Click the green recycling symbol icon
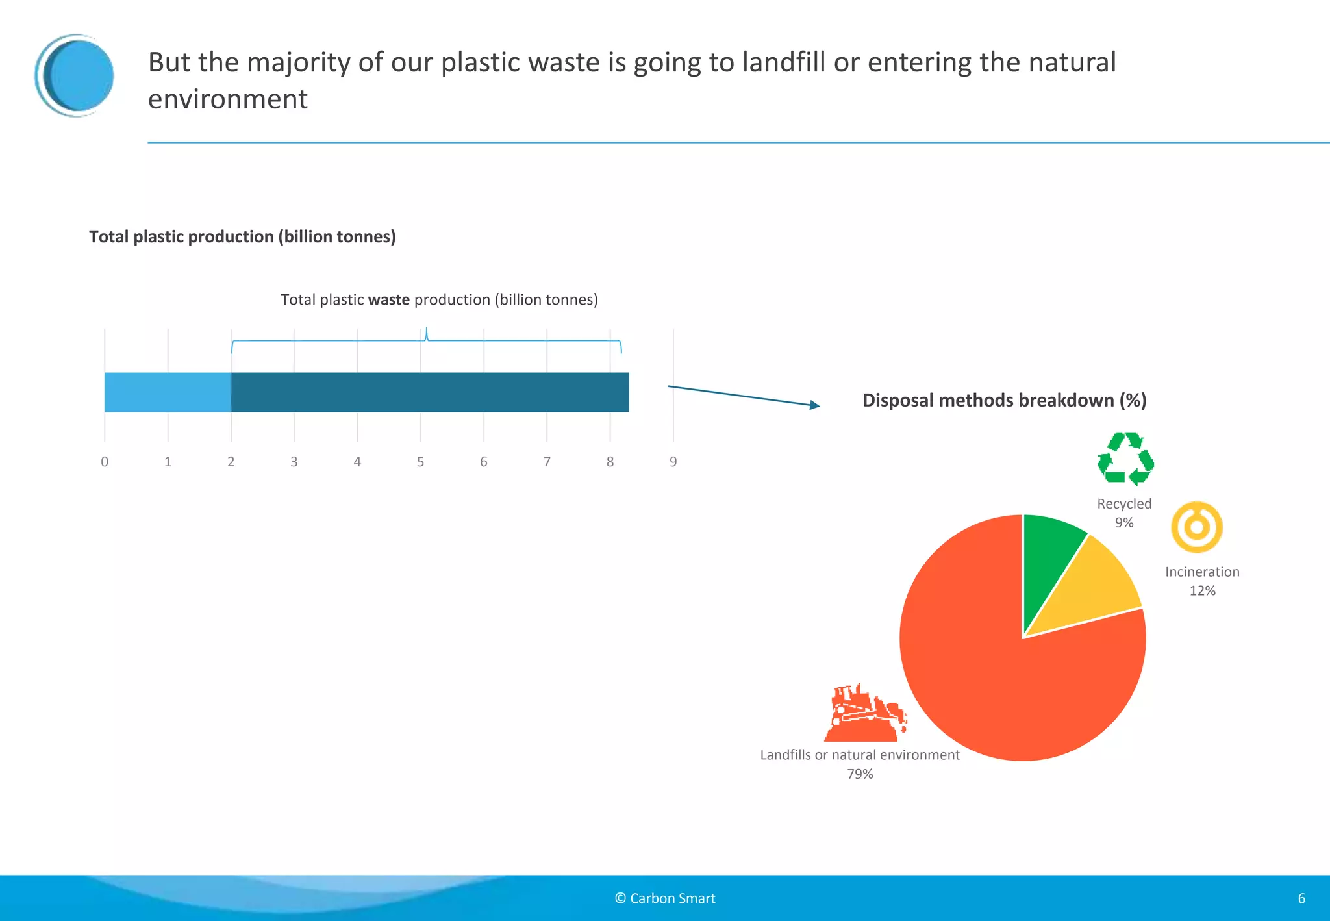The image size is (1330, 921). click(1125, 459)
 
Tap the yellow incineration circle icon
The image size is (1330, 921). click(1196, 527)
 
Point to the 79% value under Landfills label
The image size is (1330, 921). click(860, 774)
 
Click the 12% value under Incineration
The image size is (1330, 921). click(1202, 590)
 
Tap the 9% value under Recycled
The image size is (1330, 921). click(1124, 522)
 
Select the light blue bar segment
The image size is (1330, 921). click(168, 392)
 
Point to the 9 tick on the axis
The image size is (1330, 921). click(673, 462)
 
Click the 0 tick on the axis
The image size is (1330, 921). click(105, 462)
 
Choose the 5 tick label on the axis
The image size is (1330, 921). click(420, 462)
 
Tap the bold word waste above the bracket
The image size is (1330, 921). click(388, 299)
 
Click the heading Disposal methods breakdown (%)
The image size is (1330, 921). click(1004, 400)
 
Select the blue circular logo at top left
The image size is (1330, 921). click(75, 75)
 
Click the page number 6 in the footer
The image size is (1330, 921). click(1301, 898)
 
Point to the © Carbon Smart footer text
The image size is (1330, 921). click(665, 898)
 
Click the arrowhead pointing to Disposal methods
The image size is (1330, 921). click(814, 405)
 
